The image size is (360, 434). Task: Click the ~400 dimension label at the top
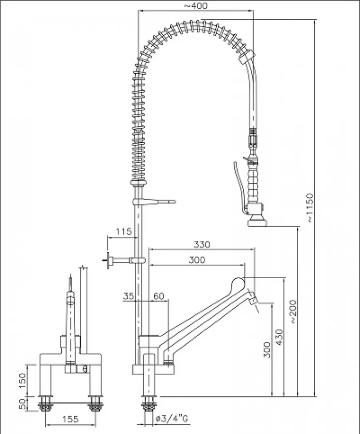click(196, 6)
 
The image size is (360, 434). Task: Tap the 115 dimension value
click(124, 232)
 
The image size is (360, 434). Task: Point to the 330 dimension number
click(202, 244)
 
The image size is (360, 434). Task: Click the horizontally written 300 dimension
click(197, 260)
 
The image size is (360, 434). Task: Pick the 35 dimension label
click(129, 297)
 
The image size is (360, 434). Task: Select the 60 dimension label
click(159, 297)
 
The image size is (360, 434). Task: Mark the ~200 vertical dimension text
click(293, 312)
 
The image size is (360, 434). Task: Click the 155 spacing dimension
click(70, 420)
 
